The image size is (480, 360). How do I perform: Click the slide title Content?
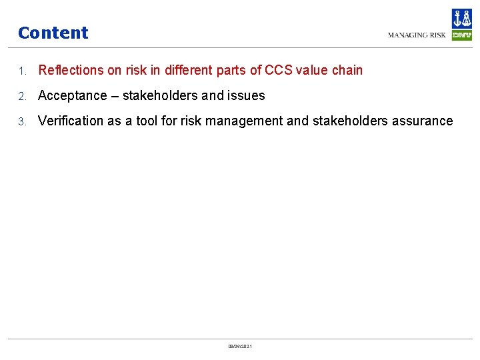tap(53, 33)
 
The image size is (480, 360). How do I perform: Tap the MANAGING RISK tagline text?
tap(417, 35)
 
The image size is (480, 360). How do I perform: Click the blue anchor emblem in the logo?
tap(461, 18)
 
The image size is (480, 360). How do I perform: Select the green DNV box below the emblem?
tap(461, 35)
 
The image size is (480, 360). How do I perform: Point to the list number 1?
tap(21, 71)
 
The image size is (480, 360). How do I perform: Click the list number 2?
tap(21, 96)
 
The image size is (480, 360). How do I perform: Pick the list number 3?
tap(21, 121)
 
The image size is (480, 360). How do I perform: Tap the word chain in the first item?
tap(347, 70)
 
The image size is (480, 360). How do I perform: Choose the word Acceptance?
tap(72, 95)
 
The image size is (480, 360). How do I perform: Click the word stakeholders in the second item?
tap(159, 95)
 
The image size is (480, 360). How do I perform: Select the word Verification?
tap(71, 121)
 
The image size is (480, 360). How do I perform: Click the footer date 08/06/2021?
tap(240, 347)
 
